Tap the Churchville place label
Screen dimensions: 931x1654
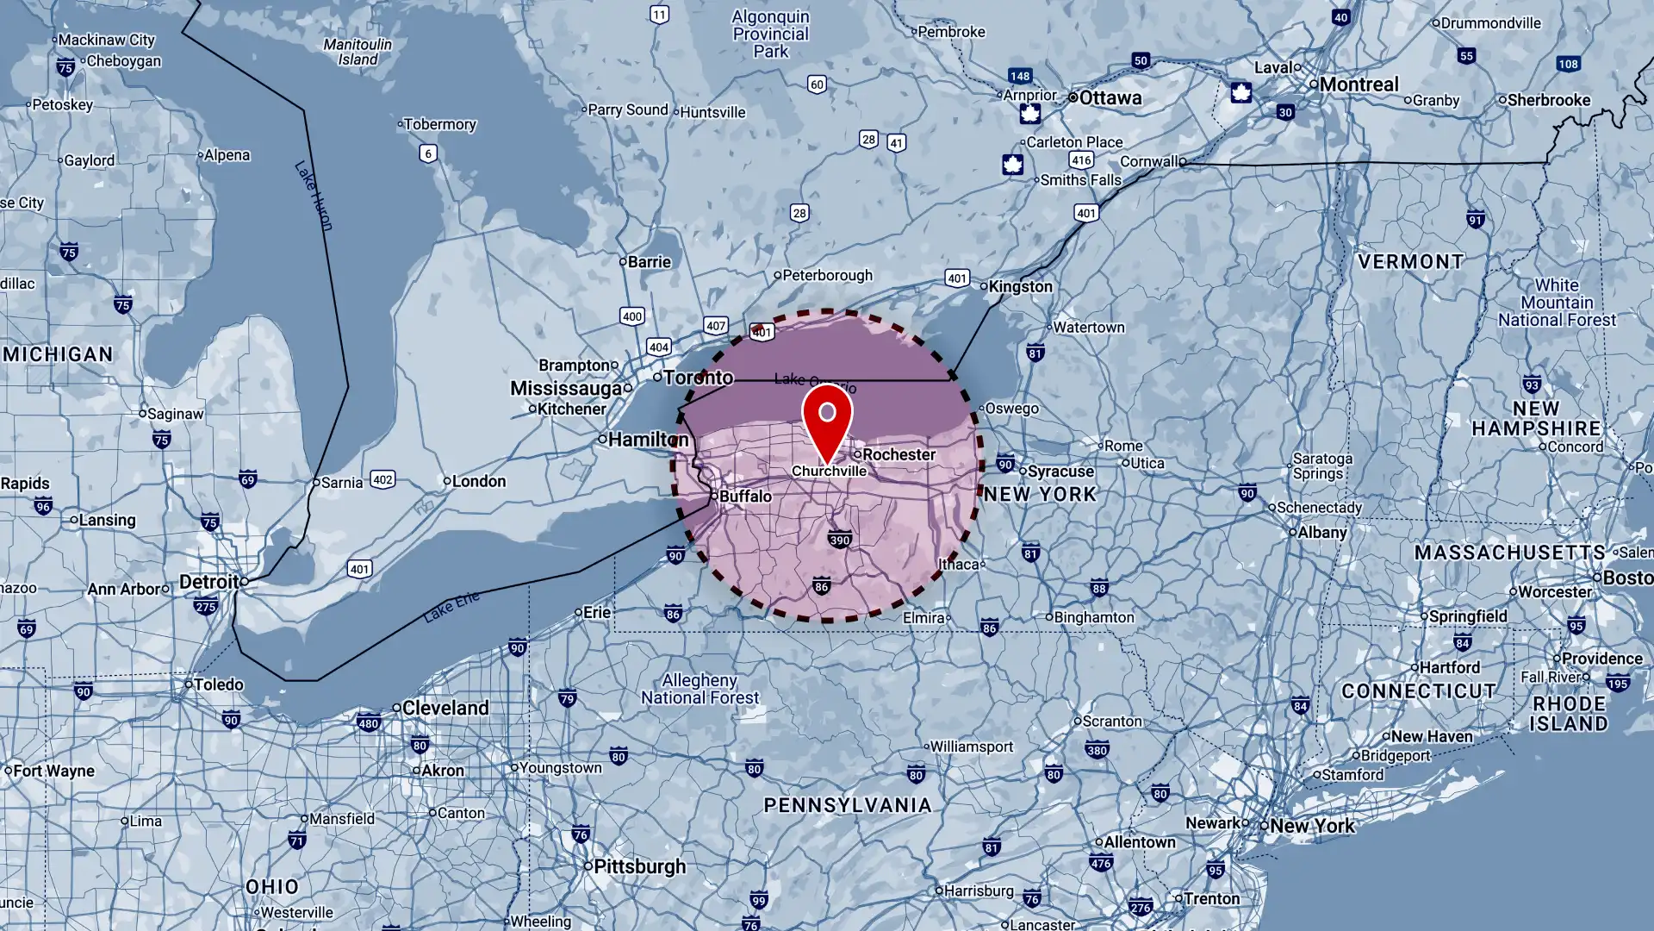(x=829, y=471)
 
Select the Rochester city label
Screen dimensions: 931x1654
(x=899, y=454)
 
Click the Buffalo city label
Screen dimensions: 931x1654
(x=745, y=496)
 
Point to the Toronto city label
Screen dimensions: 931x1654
(x=698, y=378)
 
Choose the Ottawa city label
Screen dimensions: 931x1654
(x=1110, y=97)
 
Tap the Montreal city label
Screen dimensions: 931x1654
(x=1359, y=84)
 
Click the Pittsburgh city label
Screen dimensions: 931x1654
(x=639, y=866)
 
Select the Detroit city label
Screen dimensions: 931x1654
(x=209, y=582)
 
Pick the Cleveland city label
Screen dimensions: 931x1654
(x=445, y=708)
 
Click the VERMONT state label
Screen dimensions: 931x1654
(x=1410, y=262)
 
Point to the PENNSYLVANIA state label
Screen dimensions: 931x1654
(x=848, y=805)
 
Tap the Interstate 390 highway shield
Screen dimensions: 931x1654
(x=839, y=540)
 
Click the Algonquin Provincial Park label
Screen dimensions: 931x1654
(x=770, y=34)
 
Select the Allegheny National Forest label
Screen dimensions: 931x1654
(x=700, y=689)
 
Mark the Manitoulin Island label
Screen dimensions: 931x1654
(x=358, y=52)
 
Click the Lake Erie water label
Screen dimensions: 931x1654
(x=451, y=607)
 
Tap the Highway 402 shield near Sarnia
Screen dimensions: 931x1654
(x=382, y=479)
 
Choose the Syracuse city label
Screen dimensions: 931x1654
(x=1060, y=472)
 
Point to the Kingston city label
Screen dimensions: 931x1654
(x=1020, y=286)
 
